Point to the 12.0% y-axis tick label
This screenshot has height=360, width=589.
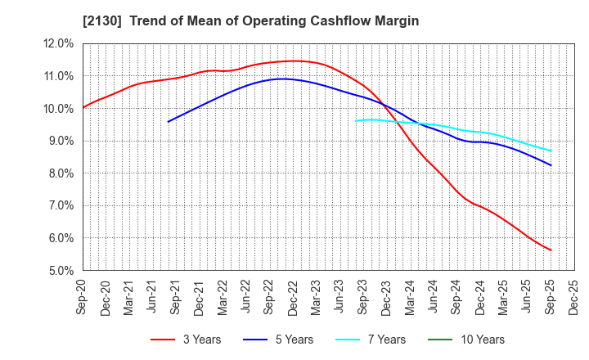tap(59, 43)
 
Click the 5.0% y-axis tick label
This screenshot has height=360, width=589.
tap(61, 271)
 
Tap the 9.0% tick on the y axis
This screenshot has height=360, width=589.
tap(61, 141)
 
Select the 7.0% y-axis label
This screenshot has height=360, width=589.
tap(61, 206)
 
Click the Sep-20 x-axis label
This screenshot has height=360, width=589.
tap(83, 299)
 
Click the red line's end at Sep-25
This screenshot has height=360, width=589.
tap(551, 250)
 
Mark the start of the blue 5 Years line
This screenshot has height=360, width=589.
tap(169, 122)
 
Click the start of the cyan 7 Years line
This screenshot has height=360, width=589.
tap(355, 121)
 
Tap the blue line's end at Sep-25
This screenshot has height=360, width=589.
tap(551, 165)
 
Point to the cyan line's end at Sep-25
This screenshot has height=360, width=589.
tap(551, 151)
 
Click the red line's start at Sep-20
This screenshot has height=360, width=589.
tap(83, 107)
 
